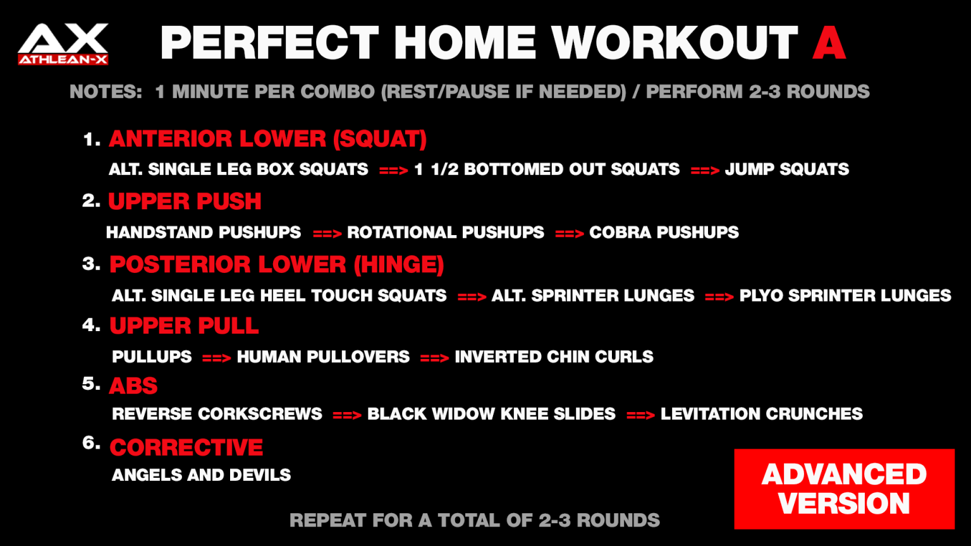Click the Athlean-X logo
(63, 44)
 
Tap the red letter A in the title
(829, 43)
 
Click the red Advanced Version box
(844, 489)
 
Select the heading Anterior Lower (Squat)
(267, 139)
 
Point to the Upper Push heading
(185, 202)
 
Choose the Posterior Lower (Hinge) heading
(276, 264)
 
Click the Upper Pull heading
(184, 325)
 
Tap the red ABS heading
(133, 385)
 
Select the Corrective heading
(186, 447)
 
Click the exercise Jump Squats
(786, 169)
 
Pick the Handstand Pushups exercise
(204, 233)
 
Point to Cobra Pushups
(664, 233)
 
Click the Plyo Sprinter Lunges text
(845, 295)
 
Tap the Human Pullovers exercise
(323, 356)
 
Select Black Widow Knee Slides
(491, 414)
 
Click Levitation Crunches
(761, 414)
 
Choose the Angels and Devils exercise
(201, 475)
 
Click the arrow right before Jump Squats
(705, 171)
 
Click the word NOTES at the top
(106, 92)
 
